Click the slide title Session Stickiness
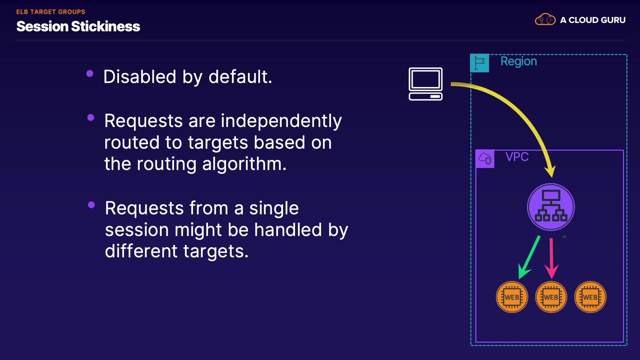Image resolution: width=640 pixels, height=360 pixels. point(78,26)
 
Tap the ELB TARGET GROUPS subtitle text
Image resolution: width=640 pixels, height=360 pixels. point(51,12)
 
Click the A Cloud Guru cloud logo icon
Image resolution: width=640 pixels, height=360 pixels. point(545,20)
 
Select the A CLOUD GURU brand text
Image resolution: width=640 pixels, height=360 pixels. point(593,20)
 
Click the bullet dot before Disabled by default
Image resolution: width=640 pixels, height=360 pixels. point(90,74)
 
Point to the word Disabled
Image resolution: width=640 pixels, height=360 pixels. point(140,77)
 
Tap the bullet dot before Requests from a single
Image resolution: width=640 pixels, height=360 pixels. point(91,205)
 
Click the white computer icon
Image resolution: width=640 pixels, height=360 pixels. point(426,84)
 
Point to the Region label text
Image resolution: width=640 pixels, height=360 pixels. point(519,61)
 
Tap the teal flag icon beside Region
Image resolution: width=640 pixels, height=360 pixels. point(479,63)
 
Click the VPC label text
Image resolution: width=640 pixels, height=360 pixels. point(517,157)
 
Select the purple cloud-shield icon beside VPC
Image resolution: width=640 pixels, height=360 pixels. point(485,159)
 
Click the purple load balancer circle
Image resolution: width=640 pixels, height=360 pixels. point(551,207)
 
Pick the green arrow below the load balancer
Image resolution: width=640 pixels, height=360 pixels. point(529,257)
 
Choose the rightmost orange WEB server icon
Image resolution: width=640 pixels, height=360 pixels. point(590,297)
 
